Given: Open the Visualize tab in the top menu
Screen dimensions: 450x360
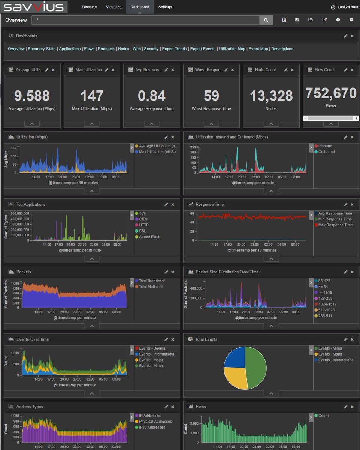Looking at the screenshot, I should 114,7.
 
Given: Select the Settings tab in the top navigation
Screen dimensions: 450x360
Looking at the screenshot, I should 165,7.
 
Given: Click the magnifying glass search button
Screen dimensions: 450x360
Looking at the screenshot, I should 266,20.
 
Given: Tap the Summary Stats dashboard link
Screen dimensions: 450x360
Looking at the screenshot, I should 42,49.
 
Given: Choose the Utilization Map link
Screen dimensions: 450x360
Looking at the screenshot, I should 232,49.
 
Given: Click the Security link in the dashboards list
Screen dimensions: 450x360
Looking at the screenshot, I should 151,49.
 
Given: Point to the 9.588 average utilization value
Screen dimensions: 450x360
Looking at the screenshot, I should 32,96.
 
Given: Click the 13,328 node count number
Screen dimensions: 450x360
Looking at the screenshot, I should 271,96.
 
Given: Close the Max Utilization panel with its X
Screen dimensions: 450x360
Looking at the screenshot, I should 113,70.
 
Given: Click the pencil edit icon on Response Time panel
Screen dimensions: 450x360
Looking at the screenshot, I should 345,204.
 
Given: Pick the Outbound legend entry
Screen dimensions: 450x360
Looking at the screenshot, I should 326,152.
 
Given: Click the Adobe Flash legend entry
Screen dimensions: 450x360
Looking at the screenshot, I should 149,237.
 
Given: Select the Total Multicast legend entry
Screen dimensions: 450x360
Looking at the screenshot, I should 151,286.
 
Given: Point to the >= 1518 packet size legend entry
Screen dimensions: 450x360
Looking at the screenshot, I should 325,292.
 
